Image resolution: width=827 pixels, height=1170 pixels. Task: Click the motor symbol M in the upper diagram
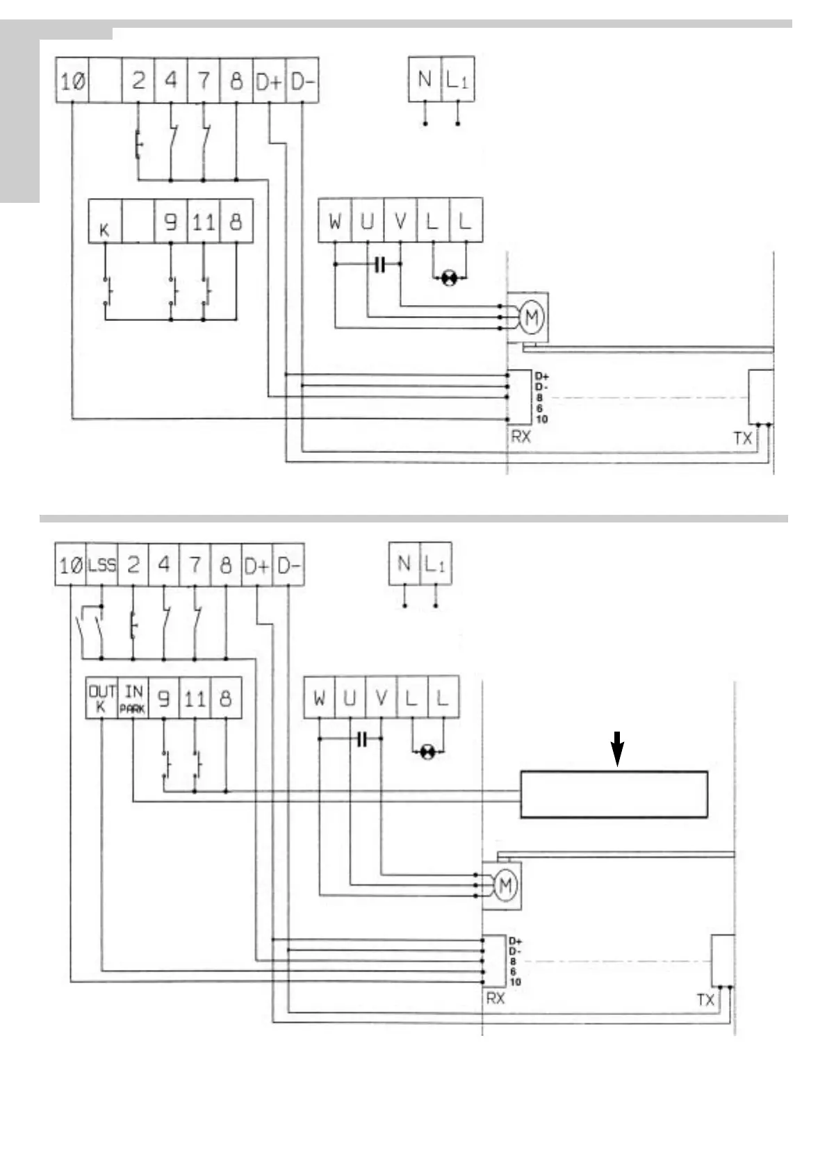[x=532, y=318]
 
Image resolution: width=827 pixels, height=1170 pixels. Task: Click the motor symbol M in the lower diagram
[x=505, y=885]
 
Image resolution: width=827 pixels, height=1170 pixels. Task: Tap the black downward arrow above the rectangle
[x=617, y=748]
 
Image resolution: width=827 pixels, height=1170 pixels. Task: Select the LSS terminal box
[x=101, y=565]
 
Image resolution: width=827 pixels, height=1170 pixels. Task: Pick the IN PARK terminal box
[x=133, y=698]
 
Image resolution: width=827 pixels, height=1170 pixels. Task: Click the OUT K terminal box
[x=101, y=698]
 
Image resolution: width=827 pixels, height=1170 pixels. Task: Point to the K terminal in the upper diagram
[x=105, y=222]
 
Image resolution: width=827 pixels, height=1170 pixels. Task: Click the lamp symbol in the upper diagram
[x=450, y=279]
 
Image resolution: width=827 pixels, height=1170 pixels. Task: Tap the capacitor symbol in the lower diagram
[x=361, y=739]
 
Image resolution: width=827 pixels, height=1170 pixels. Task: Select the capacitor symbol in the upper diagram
[x=379, y=265]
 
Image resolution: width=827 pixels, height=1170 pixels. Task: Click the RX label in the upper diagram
[x=521, y=436]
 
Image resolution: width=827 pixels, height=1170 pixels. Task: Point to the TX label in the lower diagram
[x=705, y=999]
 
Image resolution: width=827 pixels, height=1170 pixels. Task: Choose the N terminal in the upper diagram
[x=425, y=79]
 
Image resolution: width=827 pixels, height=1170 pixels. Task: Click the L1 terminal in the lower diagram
[x=436, y=563]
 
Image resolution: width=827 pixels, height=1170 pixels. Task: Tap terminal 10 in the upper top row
[x=72, y=81]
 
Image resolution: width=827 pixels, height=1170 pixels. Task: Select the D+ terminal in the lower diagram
[x=256, y=565]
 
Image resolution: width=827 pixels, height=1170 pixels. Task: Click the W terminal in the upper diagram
[x=335, y=221]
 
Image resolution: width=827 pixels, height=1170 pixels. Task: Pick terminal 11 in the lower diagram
[x=195, y=698]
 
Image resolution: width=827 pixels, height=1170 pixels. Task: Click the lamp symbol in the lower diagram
[x=428, y=752]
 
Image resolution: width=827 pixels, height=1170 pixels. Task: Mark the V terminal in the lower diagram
[x=381, y=698]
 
